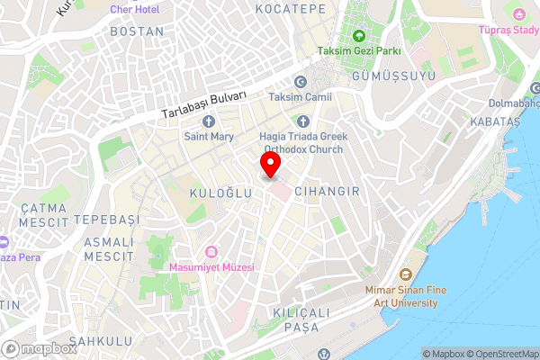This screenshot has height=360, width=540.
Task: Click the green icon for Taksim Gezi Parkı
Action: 358,36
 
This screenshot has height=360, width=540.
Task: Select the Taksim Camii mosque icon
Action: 301,82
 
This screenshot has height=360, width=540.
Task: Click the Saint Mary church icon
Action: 209,121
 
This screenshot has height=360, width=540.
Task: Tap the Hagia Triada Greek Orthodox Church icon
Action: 302,121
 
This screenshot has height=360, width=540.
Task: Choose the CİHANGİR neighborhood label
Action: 328,192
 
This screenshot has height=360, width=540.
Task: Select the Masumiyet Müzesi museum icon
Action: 212,252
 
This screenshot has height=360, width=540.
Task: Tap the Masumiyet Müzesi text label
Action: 212,267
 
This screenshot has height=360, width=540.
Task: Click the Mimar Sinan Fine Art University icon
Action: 407,274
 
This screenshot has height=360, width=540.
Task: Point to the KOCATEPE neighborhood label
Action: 289,8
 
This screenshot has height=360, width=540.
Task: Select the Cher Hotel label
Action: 135,9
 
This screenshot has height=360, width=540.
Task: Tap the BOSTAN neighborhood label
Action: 137,31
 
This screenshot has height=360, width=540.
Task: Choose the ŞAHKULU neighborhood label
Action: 101,341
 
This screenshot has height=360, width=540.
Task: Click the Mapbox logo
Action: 40,348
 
